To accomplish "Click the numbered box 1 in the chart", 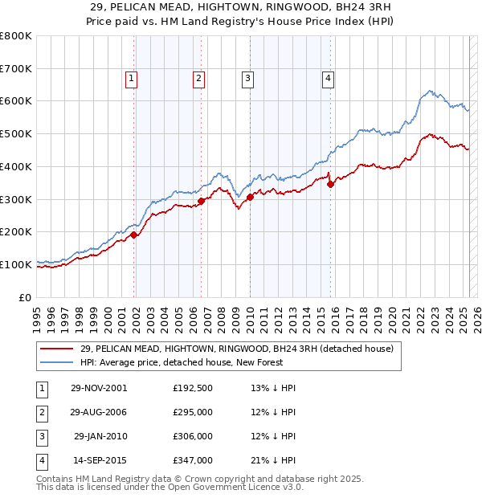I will pyautogui.click(x=130, y=78).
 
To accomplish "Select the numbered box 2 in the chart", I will pyautogui.click(x=198, y=78).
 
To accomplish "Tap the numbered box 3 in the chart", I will pyautogui.click(x=247, y=78).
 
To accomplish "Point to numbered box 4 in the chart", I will pyautogui.click(x=329, y=78).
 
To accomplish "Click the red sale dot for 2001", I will pyautogui.click(x=134, y=235).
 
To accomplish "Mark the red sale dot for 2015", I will pyautogui.click(x=330, y=184).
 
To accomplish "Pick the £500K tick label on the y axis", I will pyautogui.click(x=16, y=134).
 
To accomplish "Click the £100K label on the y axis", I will pyautogui.click(x=16, y=264).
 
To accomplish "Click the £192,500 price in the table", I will pyautogui.click(x=192, y=388).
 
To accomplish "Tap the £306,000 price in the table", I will pyautogui.click(x=192, y=436).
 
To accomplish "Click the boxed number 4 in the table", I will pyautogui.click(x=40, y=460).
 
